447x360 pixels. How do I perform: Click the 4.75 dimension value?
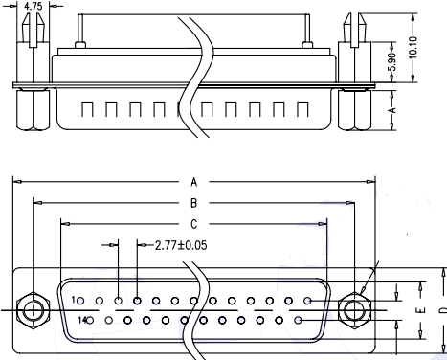coord(33,7)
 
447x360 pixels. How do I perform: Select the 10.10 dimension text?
coord(413,48)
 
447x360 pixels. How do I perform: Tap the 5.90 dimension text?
coord(392,61)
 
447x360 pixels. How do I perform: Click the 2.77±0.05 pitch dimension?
coord(181,245)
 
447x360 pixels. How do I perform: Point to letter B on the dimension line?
coord(193,203)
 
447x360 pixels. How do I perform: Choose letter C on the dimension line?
coord(193,224)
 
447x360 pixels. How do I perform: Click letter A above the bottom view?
coord(193,182)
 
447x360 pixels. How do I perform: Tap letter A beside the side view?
coord(392,110)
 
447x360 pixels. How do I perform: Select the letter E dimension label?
coord(421,310)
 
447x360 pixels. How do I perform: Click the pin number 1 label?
coord(74,300)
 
